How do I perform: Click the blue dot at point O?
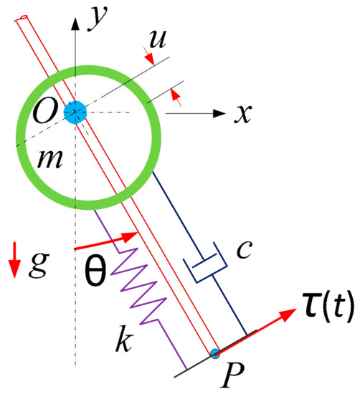(x=75, y=112)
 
